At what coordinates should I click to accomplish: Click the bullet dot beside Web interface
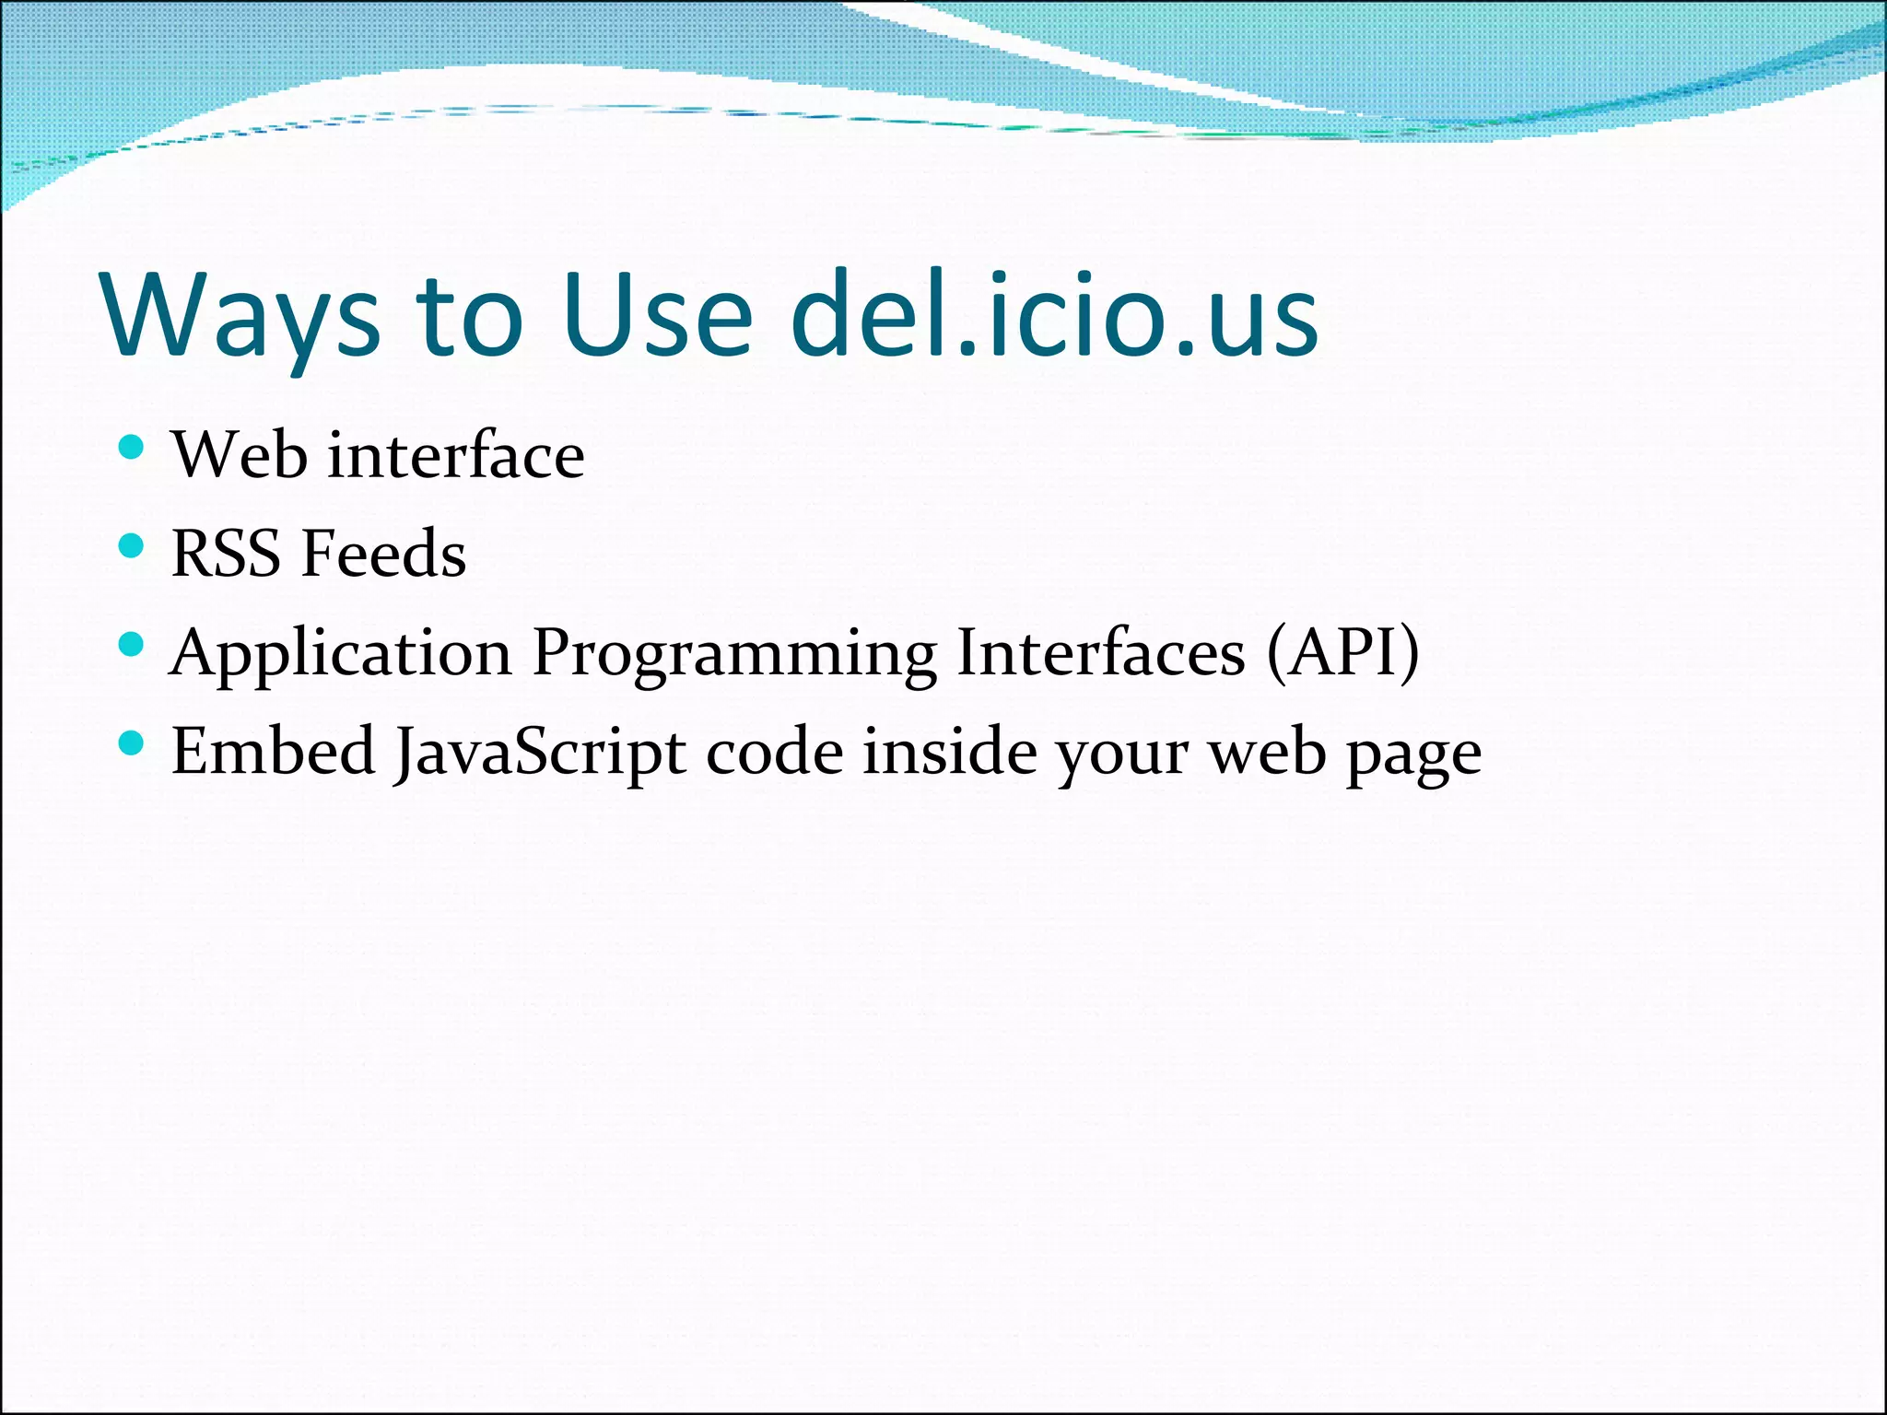132,449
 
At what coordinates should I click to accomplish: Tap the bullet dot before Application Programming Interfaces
132,645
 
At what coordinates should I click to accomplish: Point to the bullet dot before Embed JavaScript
132,743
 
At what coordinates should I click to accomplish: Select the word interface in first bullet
456,455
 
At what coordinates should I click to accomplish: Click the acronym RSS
226,554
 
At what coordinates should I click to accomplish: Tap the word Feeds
384,554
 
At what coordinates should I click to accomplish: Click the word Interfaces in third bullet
1101,652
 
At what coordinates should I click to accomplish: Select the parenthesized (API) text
1343,652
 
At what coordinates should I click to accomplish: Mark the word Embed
273,751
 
